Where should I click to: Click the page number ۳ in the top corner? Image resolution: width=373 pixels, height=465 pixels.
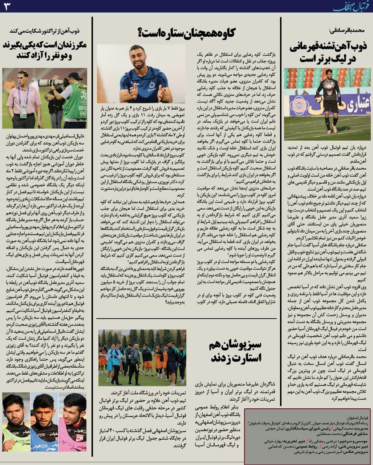pyautogui.click(x=7, y=6)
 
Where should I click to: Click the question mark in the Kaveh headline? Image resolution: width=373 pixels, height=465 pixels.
pyautogui.click(x=141, y=33)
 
